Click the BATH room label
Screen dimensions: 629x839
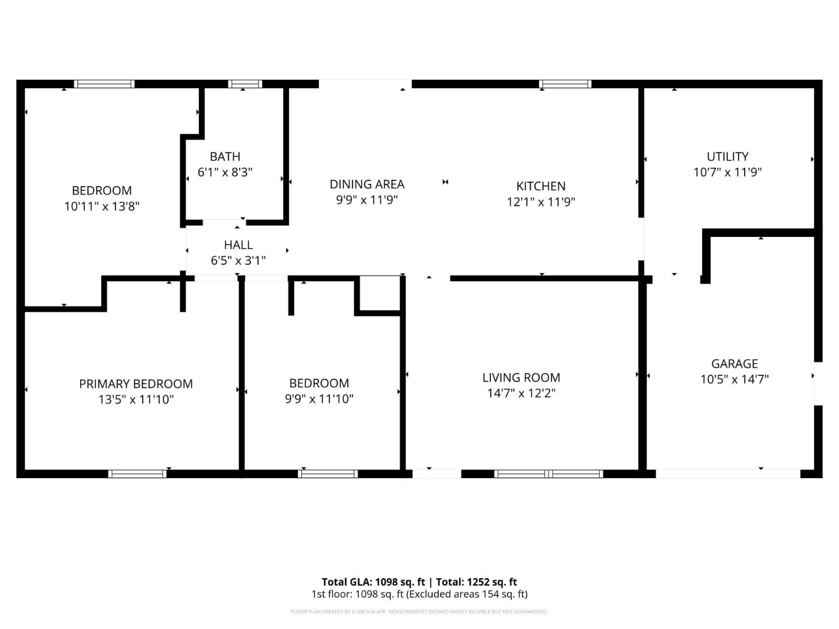pos(225,157)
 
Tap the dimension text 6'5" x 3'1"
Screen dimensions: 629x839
pos(238,261)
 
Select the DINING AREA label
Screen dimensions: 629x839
pos(367,185)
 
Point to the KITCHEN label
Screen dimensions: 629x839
pos(541,186)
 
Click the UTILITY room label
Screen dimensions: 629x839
pos(727,157)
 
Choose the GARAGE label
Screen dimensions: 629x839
pos(734,364)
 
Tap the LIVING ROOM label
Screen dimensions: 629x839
pos(521,378)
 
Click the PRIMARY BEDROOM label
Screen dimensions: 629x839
pos(136,384)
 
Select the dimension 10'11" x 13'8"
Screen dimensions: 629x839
pos(102,207)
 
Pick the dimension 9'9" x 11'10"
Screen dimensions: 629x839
pos(319,399)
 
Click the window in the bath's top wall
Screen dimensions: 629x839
pos(245,84)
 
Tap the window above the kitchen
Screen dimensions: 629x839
pos(565,84)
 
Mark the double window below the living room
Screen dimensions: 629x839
pos(548,474)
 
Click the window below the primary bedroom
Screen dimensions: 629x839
pos(137,474)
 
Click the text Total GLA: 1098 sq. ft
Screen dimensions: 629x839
pos(373,582)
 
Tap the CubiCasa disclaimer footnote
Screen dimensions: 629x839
pos(419,612)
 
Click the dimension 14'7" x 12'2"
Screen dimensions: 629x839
pos(521,394)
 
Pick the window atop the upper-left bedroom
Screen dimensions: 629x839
pos(104,84)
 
